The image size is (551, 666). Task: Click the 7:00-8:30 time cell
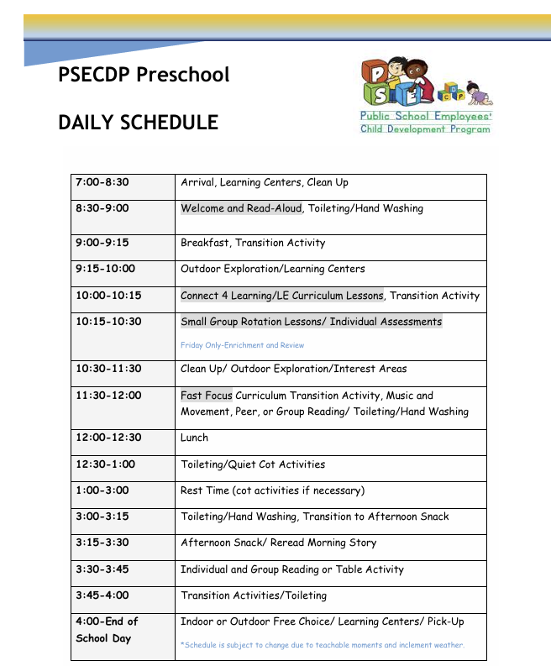coord(102,182)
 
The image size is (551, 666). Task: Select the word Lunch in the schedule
coord(194,438)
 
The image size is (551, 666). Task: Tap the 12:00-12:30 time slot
coord(108,438)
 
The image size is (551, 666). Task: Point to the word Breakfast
coord(205,243)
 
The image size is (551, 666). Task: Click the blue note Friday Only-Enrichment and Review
coord(242,345)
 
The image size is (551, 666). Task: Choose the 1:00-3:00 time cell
coord(102,490)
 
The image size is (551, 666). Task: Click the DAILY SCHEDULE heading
coord(138,123)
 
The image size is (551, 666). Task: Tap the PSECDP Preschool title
coord(144,75)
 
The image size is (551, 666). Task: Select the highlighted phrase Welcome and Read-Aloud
coord(241,208)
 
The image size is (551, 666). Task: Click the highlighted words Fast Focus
coord(207,396)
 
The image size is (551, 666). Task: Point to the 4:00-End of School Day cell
coord(107,630)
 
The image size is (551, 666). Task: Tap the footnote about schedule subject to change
coord(323,645)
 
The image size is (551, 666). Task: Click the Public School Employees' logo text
coord(426,117)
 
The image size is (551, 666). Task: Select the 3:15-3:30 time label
coord(102,543)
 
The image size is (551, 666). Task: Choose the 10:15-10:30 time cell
coord(108,322)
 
